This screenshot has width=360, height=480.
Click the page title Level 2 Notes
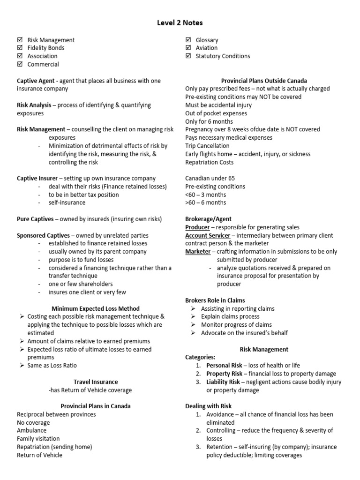[x=180, y=22]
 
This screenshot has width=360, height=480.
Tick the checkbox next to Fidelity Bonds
[x=20, y=48]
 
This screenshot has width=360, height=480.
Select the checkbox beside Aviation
[x=188, y=48]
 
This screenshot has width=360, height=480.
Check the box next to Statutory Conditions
[x=188, y=56]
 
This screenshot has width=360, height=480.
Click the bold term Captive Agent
[x=36, y=81]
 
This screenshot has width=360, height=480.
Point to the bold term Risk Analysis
[x=34, y=105]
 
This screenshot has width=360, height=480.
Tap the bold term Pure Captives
[x=35, y=219]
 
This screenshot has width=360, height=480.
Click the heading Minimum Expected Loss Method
[x=96, y=308]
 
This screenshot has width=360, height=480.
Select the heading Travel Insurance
[x=96, y=382]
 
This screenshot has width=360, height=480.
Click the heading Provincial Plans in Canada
[x=96, y=406]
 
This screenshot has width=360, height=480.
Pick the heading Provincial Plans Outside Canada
[x=264, y=81]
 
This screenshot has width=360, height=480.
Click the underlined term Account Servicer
[x=208, y=235]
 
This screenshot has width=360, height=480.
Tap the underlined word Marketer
[x=198, y=252]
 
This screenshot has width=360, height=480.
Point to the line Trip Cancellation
[x=207, y=146]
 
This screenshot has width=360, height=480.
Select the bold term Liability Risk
[x=223, y=382]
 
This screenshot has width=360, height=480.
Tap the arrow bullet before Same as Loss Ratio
[x=22, y=365]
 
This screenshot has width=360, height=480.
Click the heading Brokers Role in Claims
[x=215, y=300]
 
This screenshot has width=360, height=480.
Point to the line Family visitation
[x=38, y=439]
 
